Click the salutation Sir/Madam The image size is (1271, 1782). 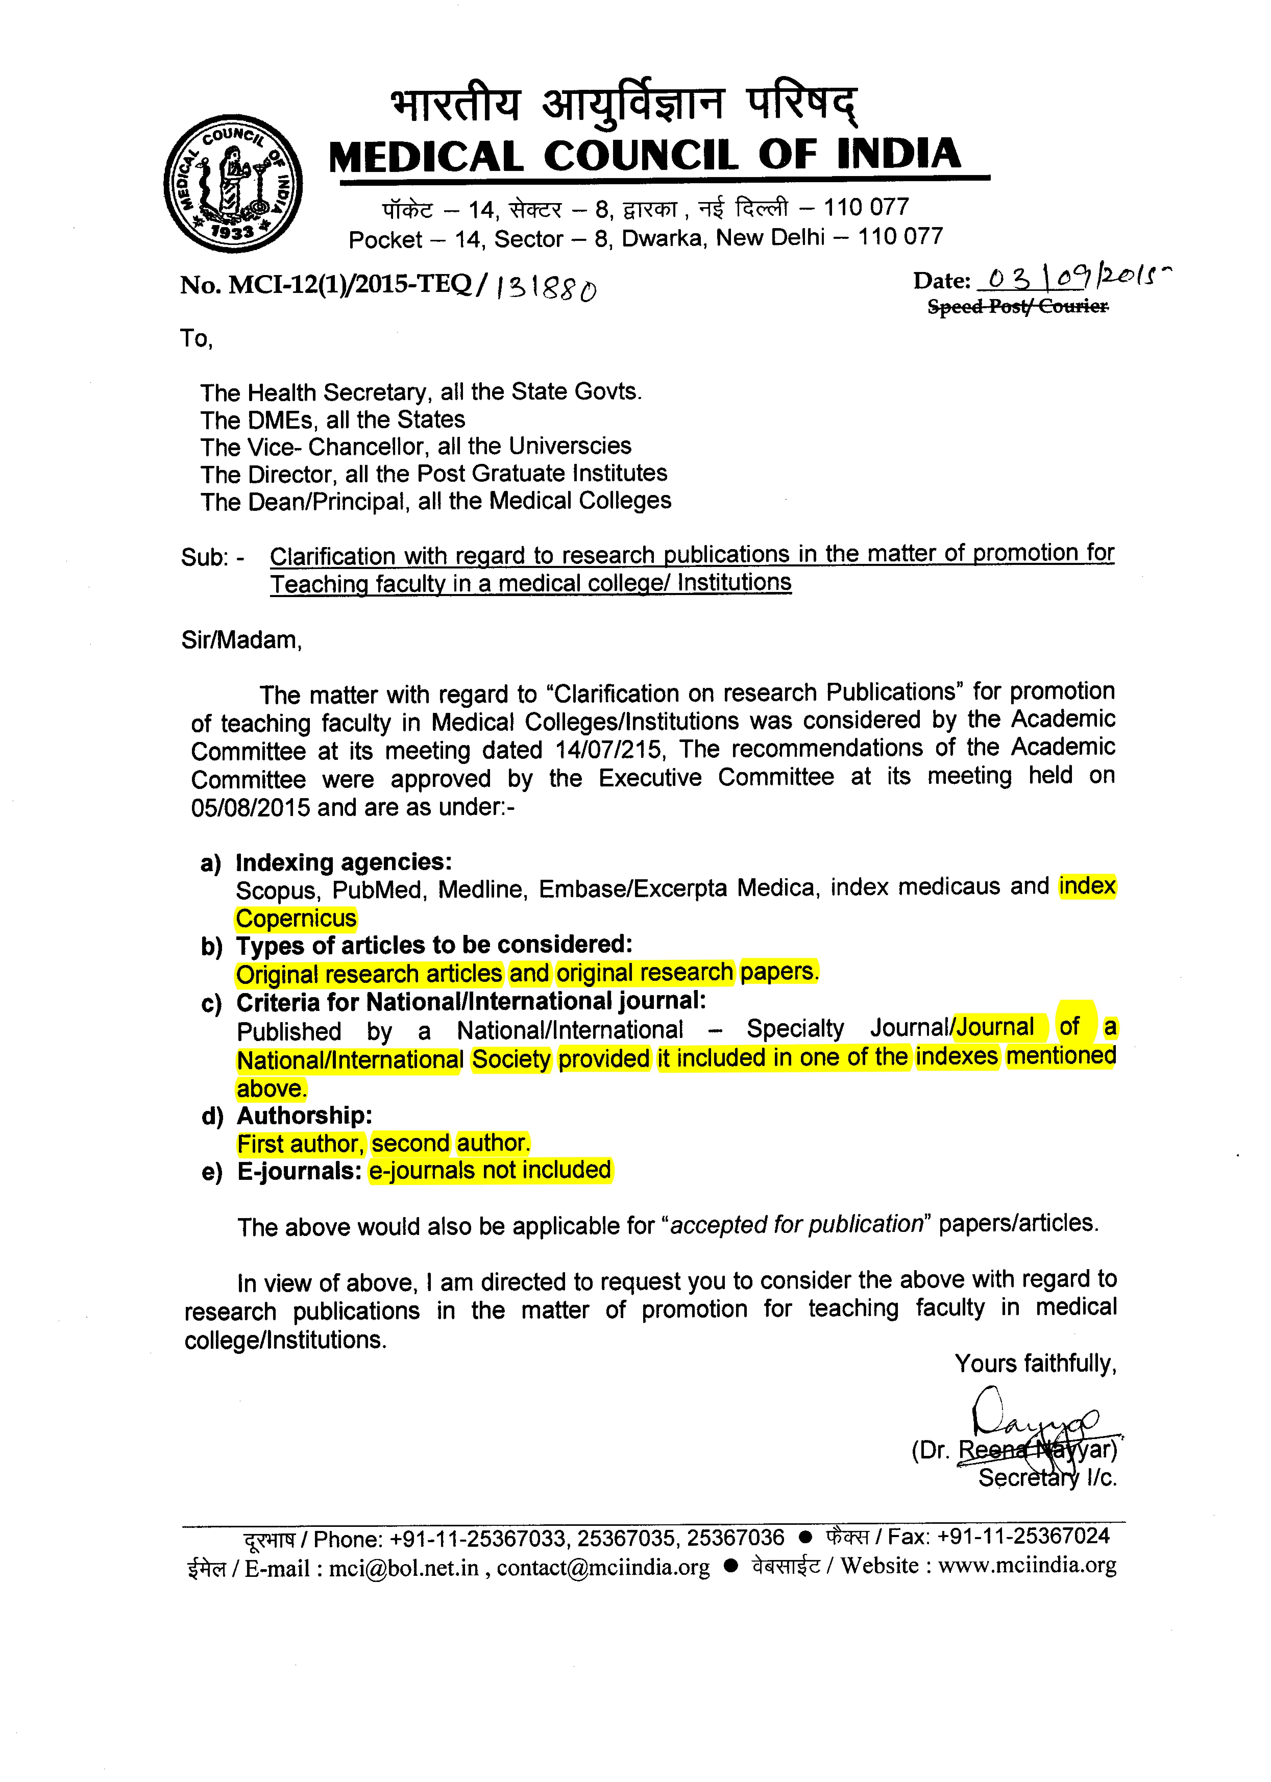(x=241, y=640)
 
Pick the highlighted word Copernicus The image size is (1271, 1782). (x=296, y=918)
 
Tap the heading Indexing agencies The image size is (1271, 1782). (x=344, y=862)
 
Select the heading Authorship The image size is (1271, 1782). (x=304, y=1116)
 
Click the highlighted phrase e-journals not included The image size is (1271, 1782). (x=491, y=1170)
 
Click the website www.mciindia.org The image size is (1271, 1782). (x=1027, y=1565)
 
